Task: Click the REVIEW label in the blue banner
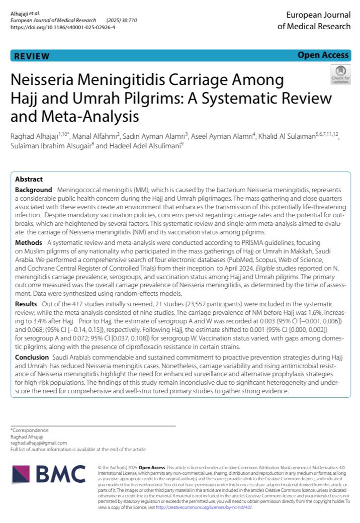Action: (32, 56)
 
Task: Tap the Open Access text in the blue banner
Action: (323, 55)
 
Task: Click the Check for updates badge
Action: (340, 74)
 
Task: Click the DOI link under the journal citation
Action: (63, 27)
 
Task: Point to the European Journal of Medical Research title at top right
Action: (314, 21)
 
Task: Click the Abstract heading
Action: (29, 179)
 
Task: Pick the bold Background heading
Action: (33, 190)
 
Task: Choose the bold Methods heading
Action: (29, 242)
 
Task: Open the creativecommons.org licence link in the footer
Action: (204, 508)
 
